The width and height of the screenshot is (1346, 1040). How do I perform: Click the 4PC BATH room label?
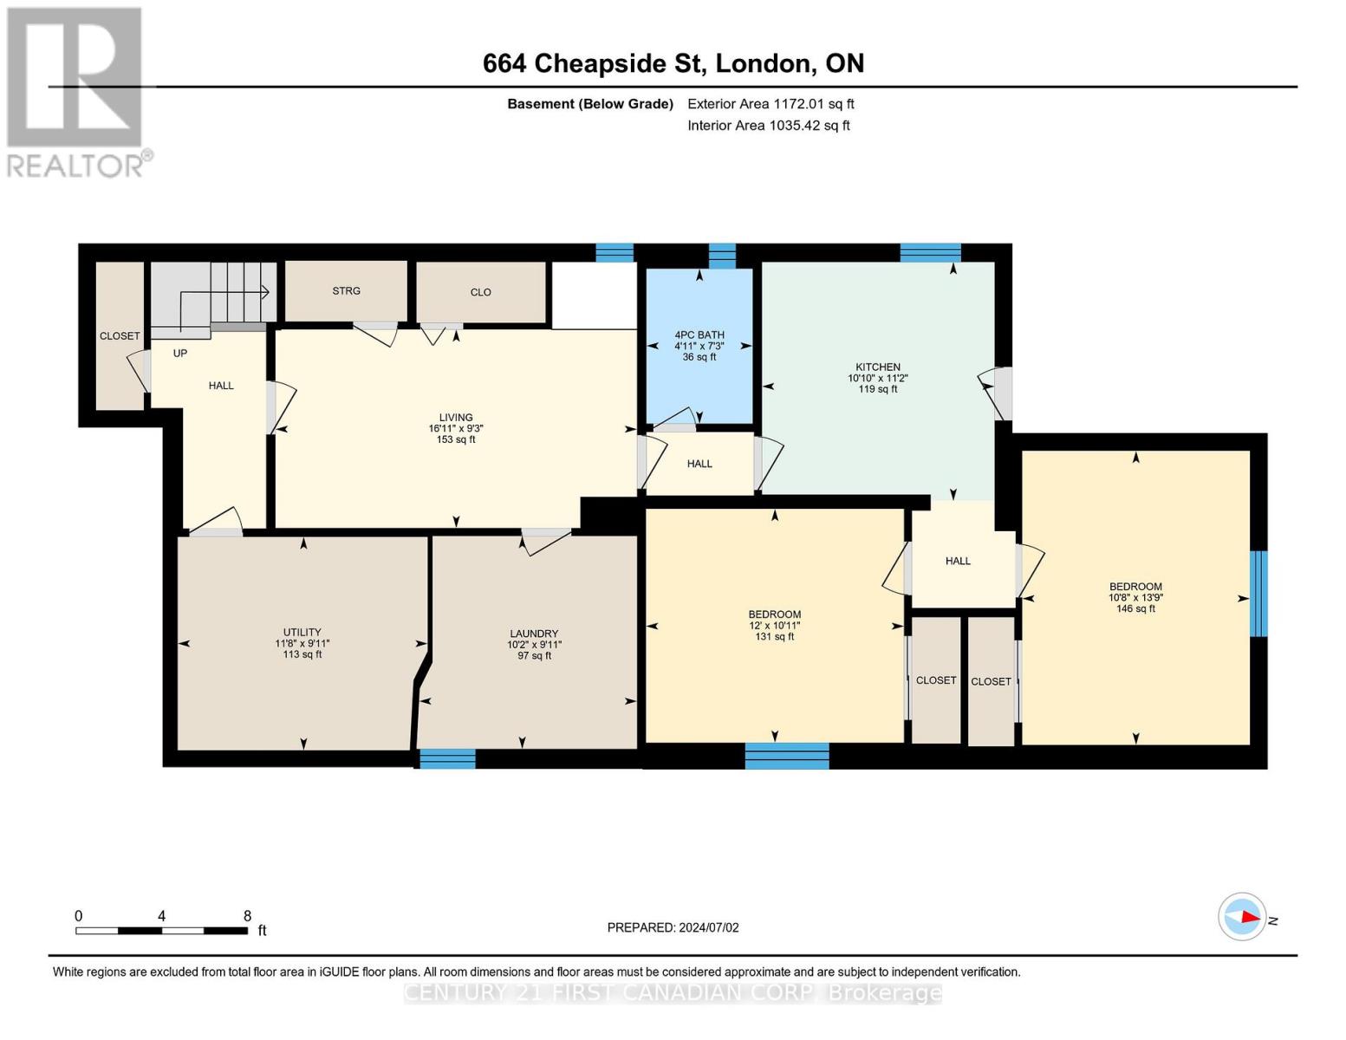click(x=699, y=335)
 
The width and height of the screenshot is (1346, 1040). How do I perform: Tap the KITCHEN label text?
click(x=877, y=367)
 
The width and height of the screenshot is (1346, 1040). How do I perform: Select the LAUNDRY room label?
click(x=533, y=634)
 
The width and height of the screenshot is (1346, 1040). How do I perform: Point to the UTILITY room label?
click(x=302, y=632)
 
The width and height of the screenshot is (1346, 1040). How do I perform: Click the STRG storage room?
click(x=346, y=291)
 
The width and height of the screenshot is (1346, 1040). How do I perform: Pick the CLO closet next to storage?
click(x=480, y=292)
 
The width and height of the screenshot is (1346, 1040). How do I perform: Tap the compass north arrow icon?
click(x=1242, y=917)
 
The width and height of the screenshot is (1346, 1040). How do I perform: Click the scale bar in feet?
click(x=161, y=930)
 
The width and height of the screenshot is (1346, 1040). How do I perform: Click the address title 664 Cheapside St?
click(x=673, y=63)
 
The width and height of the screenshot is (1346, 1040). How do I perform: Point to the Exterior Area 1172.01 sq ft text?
click(x=771, y=104)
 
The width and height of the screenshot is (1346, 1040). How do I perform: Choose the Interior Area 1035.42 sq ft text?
click(x=768, y=126)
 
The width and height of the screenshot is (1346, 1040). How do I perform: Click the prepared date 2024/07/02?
click(x=673, y=927)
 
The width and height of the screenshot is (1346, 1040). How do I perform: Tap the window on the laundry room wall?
click(x=447, y=758)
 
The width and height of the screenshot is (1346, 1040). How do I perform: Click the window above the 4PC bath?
click(x=722, y=256)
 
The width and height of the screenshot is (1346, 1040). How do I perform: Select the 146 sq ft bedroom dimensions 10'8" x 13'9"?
click(x=1135, y=597)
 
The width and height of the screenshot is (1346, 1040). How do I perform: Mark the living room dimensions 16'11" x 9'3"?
click(x=455, y=428)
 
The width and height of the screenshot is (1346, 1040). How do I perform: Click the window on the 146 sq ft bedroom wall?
click(x=1258, y=594)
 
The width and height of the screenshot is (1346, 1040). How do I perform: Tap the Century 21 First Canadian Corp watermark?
click(x=673, y=992)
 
